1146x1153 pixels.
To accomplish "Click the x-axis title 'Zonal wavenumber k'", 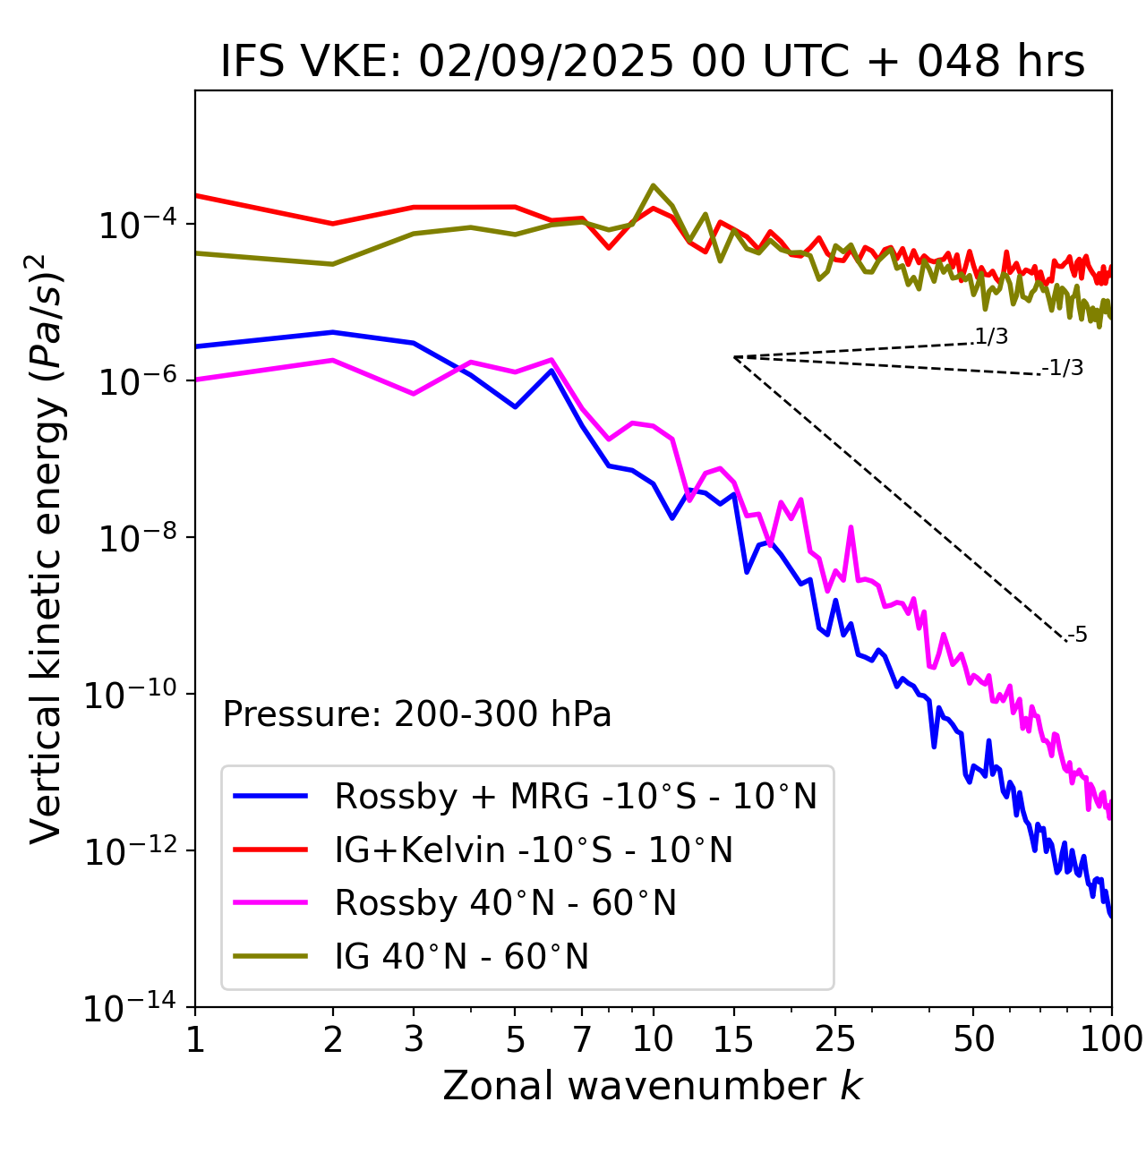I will point(653,1086).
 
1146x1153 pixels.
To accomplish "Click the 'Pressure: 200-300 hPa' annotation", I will point(417,714).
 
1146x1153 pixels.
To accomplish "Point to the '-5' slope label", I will point(1077,636).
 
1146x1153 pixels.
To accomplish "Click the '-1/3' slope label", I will point(1063,368).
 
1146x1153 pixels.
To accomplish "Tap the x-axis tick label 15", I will point(734,1039).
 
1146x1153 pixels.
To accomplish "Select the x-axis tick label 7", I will point(582,1039).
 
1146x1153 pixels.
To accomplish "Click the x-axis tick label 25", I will point(835,1039).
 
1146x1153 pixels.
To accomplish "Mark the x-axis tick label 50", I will point(973,1039).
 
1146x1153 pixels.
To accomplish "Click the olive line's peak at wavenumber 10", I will point(654,185).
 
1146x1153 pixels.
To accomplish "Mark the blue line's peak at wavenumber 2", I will point(333,332).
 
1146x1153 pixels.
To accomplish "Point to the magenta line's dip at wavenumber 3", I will point(414,394).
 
